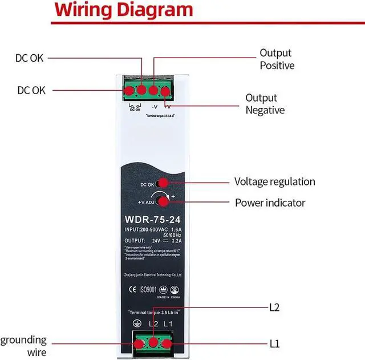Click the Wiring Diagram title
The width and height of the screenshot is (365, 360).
(x=125, y=10)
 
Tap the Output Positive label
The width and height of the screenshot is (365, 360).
(x=277, y=59)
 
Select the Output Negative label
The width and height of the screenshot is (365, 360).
(x=265, y=104)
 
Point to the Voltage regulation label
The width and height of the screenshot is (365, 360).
(x=274, y=182)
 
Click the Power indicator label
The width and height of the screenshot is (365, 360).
(x=270, y=203)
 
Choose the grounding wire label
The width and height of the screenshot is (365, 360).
(x=23, y=346)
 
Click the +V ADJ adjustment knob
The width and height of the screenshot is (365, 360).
(x=164, y=200)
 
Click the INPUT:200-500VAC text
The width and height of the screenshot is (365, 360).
(x=144, y=229)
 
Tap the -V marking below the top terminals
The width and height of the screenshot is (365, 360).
(x=154, y=106)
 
